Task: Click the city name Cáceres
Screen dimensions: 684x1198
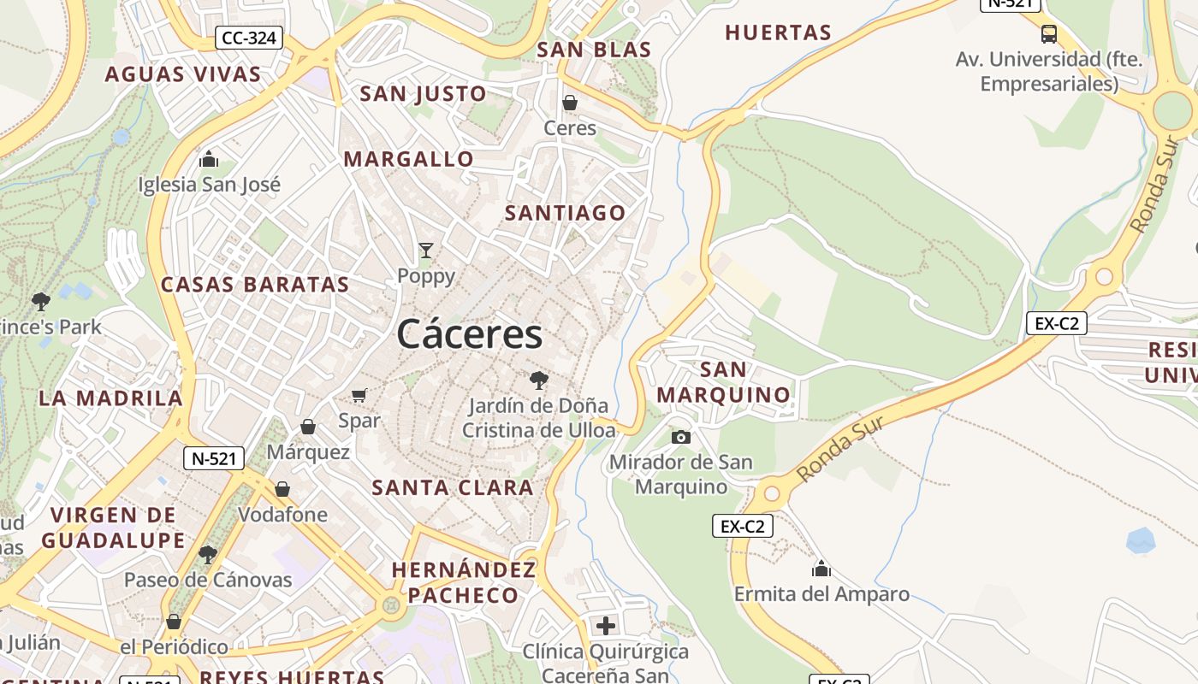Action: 469,333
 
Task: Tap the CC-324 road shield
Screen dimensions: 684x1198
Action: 250,38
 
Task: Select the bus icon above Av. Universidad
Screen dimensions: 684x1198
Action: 1049,34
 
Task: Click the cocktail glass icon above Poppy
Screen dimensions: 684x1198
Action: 426,251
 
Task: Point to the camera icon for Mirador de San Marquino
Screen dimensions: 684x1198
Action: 681,438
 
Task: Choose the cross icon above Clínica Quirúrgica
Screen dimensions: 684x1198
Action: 606,626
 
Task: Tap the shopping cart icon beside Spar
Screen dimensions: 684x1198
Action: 359,395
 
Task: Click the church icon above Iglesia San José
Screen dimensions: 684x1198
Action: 209,159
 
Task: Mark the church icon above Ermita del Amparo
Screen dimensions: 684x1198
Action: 821,569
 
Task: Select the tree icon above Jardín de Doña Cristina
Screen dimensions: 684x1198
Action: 538,380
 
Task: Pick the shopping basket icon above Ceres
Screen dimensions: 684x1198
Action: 570,103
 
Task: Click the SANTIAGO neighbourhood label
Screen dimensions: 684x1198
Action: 566,213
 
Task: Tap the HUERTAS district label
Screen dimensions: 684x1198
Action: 778,33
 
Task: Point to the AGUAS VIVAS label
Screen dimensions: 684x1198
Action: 183,74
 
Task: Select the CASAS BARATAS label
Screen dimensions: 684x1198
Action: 255,285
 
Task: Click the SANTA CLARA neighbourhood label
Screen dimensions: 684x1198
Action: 453,488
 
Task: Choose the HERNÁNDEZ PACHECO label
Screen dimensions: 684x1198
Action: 463,582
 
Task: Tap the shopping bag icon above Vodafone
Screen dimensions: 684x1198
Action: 282,489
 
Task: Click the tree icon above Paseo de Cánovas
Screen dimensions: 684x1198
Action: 208,555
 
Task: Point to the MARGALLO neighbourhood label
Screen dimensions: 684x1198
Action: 408,159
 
